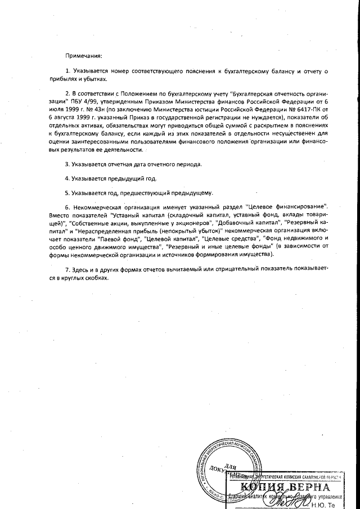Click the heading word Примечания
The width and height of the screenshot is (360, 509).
(84, 56)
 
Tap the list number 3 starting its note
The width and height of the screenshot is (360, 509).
(66, 164)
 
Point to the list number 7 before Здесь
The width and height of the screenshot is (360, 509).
(66, 269)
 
